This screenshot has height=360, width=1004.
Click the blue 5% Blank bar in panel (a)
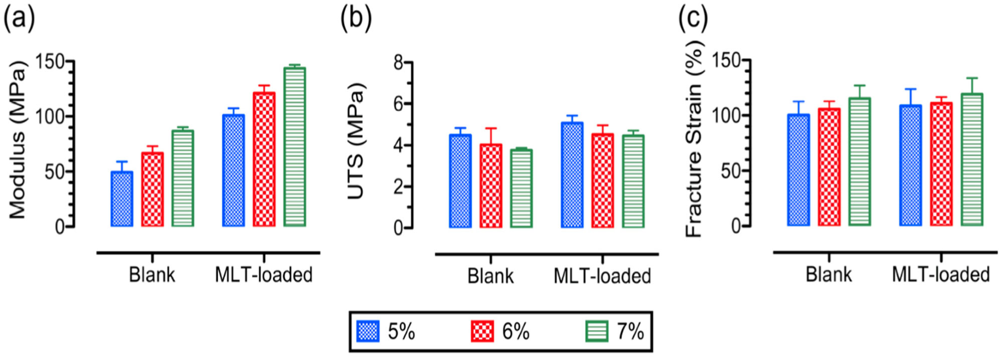(122, 199)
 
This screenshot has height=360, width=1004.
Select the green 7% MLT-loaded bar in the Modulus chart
(294, 147)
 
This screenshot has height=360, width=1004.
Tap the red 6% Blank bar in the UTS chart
(490, 186)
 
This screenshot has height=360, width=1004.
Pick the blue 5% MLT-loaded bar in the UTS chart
(572, 175)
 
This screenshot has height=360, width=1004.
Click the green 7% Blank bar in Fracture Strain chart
(860, 161)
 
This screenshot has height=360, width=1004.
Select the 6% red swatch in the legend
(482, 331)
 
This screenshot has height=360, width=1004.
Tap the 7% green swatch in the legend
(597, 331)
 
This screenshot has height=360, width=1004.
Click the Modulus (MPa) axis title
(18, 140)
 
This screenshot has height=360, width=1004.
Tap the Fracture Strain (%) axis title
(695, 139)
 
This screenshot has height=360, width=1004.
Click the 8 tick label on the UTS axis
(398, 62)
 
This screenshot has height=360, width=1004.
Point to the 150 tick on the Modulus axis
(51, 62)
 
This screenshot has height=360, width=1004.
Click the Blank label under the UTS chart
(490, 276)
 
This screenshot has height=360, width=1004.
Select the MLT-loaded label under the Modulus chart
(264, 275)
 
